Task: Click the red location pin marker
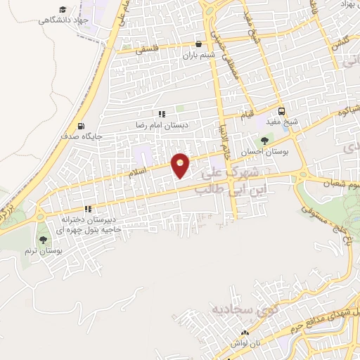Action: [181, 165]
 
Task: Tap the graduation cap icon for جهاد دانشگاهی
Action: [62, 9]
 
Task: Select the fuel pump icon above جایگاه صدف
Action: [81, 125]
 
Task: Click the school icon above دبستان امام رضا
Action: [162, 114]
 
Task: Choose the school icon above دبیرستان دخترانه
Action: [88, 209]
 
